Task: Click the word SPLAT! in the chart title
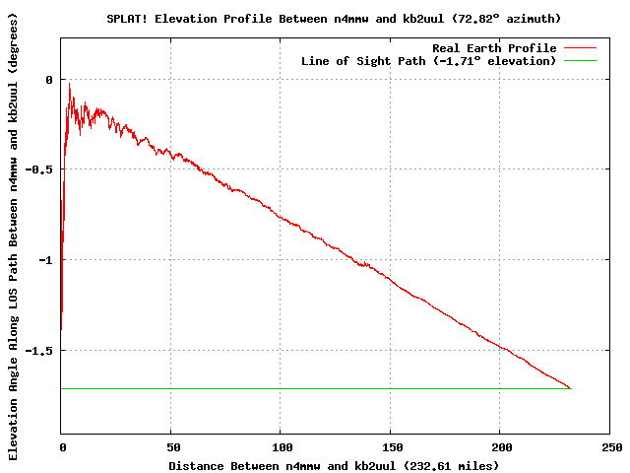tap(126, 19)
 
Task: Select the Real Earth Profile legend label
tap(494, 48)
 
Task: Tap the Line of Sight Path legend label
tap(428, 61)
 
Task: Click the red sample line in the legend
tap(580, 48)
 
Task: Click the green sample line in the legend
tap(580, 61)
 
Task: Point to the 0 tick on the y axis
tap(48, 79)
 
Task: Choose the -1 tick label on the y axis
tap(45, 259)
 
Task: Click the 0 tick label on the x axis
tap(61, 446)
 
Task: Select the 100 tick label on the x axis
tap(281, 446)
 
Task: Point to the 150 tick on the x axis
tap(390, 446)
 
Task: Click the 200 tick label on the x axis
tap(500, 446)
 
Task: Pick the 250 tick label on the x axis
tap(609, 446)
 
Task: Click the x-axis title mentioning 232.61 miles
tap(334, 465)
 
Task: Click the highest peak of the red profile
tap(69, 84)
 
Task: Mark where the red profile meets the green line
tap(570, 388)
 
